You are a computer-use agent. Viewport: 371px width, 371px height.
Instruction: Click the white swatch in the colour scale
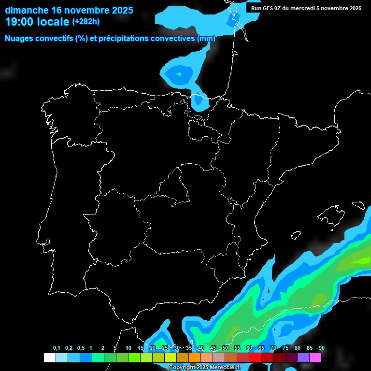(49, 358)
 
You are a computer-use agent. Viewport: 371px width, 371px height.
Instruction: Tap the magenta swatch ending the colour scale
(315, 358)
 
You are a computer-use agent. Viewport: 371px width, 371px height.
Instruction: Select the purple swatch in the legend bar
(303, 358)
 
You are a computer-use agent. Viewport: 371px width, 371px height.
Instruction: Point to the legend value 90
(321, 348)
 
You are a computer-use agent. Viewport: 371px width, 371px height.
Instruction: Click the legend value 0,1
(57, 348)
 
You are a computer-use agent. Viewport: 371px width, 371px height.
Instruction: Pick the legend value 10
(128, 348)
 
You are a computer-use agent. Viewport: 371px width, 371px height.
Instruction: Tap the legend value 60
(249, 348)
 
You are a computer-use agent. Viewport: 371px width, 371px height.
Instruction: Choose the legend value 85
(309, 348)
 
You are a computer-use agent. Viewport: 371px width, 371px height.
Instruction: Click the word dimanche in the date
(27, 10)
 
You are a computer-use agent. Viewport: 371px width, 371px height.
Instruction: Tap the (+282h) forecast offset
(86, 22)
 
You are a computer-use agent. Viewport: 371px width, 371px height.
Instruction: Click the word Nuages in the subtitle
(20, 39)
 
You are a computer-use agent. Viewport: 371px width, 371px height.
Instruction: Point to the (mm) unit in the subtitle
(206, 39)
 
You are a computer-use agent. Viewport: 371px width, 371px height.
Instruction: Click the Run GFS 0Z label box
(306, 8)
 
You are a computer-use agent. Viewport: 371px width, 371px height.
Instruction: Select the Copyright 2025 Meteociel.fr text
(205, 368)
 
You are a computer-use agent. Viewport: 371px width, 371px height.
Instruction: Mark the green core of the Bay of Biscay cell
(179, 74)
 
